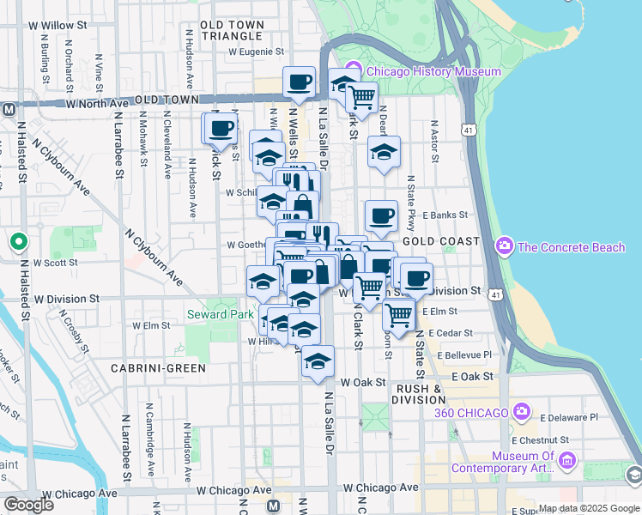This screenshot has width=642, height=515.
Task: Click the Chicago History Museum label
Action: coord(433,71)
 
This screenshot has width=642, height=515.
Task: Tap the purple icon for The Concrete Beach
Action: coord(505,247)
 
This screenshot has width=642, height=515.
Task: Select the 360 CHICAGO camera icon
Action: coord(521,413)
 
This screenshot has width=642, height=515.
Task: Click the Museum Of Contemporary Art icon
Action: coord(566,462)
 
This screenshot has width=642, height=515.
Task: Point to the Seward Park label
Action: coord(220,315)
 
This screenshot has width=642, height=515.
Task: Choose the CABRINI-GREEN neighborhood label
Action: coord(157,368)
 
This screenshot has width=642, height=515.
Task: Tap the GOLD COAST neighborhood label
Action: coord(440,242)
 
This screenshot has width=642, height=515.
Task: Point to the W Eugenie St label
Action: coord(261,51)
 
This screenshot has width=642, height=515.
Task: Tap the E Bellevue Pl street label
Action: coord(464,354)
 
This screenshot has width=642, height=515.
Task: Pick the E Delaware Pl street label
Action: coord(567,417)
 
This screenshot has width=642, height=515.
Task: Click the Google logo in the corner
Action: coord(28,504)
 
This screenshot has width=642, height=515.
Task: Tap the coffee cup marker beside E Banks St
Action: coord(381,215)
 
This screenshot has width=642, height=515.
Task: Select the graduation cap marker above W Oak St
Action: coord(318,360)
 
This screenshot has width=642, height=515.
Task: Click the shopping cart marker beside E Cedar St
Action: coord(398,315)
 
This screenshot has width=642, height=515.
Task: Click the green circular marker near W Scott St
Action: coord(17,242)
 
